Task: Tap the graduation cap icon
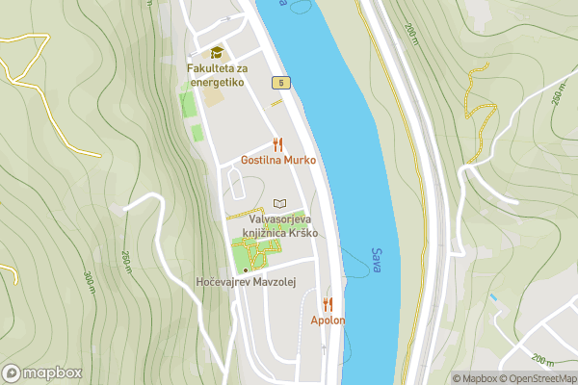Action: coord(217,53)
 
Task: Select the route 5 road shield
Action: coord(280,84)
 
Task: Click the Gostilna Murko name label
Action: coord(277,160)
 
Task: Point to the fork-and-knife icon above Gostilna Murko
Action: coord(277,143)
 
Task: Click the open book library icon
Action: coord(279,204)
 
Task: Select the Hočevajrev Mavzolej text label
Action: coord(244,282)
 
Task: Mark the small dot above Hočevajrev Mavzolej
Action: coord(245,269)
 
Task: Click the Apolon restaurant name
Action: coord(328,320)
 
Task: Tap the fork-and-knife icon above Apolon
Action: coord(328,303)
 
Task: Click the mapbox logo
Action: coord(42,372)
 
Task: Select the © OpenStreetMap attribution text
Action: coord(537,378)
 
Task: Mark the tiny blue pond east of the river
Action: coord(493,300)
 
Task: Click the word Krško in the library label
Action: coord(302,233)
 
